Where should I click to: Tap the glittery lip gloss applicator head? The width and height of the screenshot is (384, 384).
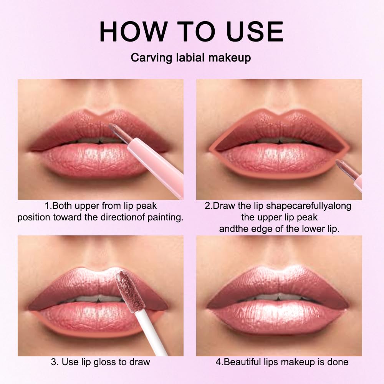125,286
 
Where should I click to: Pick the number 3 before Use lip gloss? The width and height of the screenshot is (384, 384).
53,362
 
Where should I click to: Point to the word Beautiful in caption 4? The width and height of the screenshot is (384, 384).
243,362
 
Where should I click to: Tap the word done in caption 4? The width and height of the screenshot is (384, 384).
337,362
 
